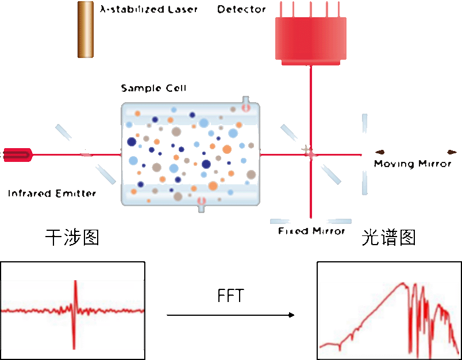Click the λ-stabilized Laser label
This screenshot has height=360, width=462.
[x=148, y=9]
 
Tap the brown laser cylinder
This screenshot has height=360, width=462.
[x=85, y=29]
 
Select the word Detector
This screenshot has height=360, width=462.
[x=241, y=9]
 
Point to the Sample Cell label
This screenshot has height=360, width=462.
[x=153, y=88]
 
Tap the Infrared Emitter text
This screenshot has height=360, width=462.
[x=52, y=193]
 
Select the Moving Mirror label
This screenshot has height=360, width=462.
[x=413, y=164]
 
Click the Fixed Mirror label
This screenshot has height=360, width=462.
[x=311, y=231]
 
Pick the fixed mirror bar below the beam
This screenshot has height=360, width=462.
[x=310, y=221]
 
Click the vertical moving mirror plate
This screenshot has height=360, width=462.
[x=364, y=154]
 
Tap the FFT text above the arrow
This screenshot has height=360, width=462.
[x=230, y=296]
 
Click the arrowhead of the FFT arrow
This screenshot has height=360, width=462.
[x=291, y=315]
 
